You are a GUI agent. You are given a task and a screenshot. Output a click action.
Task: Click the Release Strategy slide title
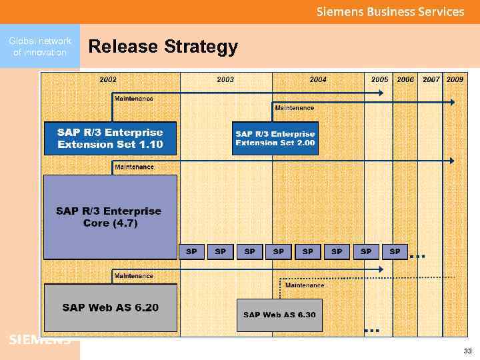click(x=163, y=47)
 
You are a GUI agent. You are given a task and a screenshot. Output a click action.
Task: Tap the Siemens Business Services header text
click(x=390, y=11)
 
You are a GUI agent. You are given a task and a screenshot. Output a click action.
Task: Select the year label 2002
click(x=108, y=79)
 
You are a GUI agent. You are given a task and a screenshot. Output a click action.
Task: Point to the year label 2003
click(x=225, y=79)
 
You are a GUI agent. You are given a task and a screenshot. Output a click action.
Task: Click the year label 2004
click(x=318, y=79)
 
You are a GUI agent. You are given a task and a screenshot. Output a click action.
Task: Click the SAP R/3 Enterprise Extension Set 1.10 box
click(x=110, y=138)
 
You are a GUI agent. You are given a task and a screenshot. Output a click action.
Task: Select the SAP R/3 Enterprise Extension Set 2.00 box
click(x=275, y=138)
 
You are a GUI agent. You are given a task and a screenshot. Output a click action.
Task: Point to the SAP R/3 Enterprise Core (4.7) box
click(x=110, y=217)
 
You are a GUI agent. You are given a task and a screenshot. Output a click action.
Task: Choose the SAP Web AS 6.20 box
click(x=110, y=308)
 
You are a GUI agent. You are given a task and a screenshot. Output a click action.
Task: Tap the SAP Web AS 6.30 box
click(x=279, y=315)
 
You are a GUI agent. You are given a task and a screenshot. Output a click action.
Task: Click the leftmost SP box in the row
click(x=191, y=251)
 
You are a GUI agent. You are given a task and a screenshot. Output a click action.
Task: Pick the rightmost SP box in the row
click(x=395, y=251)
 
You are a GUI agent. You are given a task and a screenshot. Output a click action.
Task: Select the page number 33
click(x=467, y=351)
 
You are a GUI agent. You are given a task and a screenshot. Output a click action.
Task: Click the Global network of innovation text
click(x=40, y=47)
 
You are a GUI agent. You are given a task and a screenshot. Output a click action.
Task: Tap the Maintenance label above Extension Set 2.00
click(x=294, y=107)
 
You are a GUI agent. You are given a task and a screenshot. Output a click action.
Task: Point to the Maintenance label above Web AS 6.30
click(x=305, y=285)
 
